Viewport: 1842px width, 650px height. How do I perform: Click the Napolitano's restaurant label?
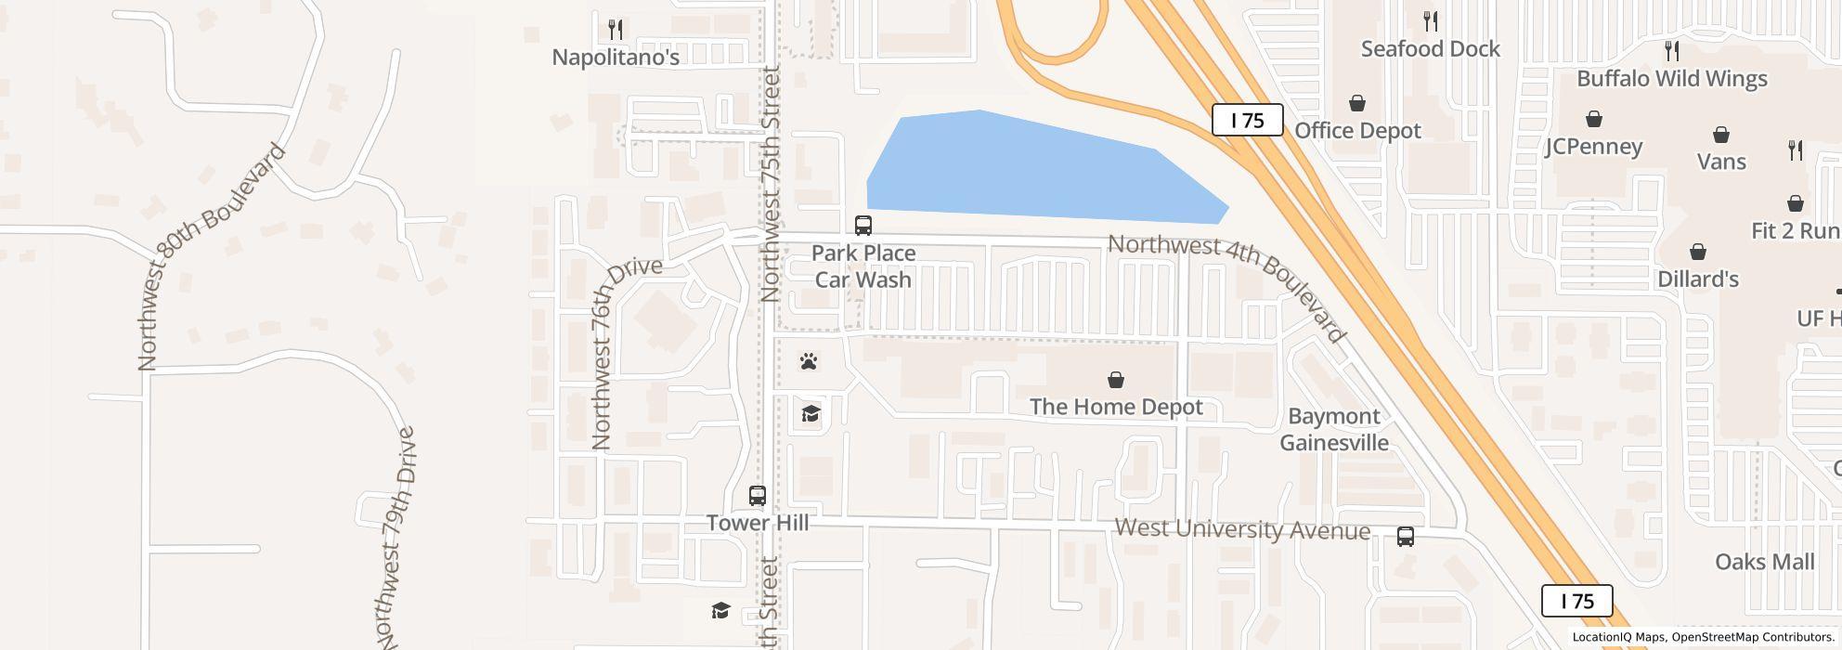pos(616,58)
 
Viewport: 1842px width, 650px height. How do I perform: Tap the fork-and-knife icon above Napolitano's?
pos(615,30)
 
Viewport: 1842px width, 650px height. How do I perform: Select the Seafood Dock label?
pos(1430,49)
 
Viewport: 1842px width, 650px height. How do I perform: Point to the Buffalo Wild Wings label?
pos(1671,79)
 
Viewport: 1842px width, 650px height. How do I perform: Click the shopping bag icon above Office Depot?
pos(1357,103)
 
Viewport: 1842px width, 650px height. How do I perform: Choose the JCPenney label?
pos(1593,147)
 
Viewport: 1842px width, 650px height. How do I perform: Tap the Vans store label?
pos(1721,162)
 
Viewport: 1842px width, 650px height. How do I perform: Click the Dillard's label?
pos(1697,279)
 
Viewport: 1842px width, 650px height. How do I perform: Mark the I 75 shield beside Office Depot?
pos(1247,121)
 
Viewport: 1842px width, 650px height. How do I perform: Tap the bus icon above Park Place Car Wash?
pos(863,225)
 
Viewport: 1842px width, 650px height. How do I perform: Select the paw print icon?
pos(809,361)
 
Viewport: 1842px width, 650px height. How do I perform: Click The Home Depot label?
pos(1116,407)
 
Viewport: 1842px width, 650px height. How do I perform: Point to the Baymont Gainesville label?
pos(1334,429)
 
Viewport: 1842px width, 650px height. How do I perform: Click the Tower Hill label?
pos(757,523)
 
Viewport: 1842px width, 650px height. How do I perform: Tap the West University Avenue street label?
pos(1242,529)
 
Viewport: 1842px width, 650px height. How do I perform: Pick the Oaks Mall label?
pos(1764,562)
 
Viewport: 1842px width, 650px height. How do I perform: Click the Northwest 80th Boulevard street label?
pos(210,256)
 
